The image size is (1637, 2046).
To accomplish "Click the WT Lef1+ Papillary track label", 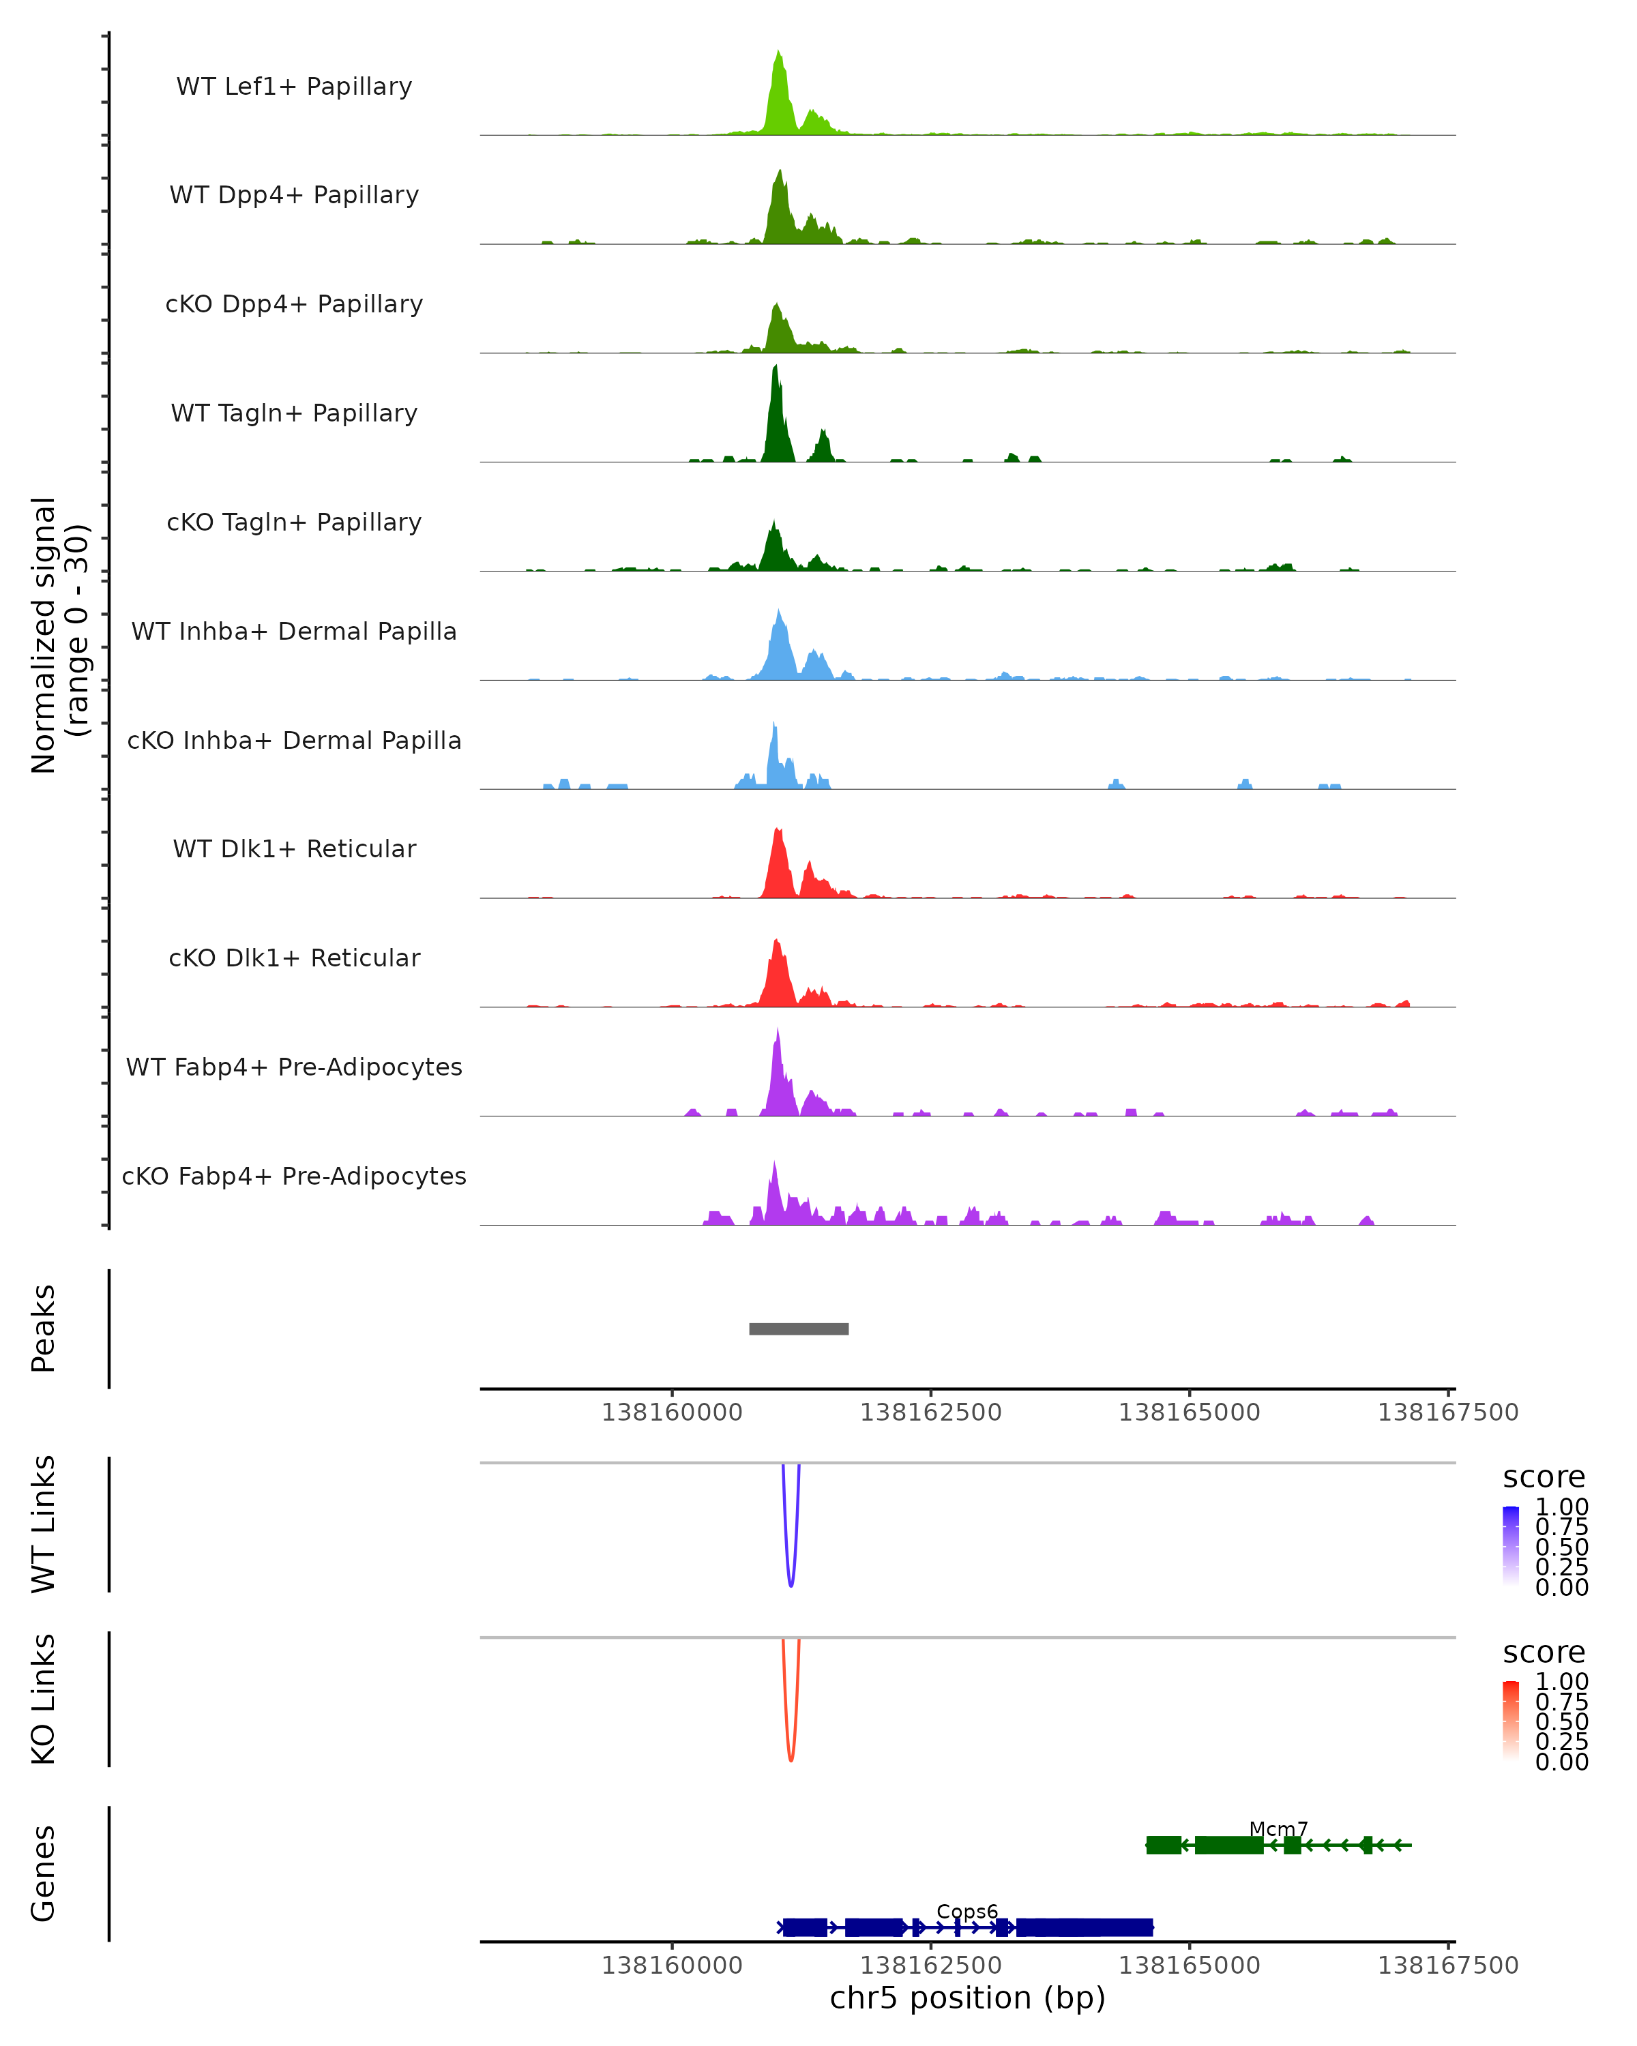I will click(x=294, y=87).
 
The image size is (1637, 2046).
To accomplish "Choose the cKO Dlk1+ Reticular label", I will click(x=294, y=958).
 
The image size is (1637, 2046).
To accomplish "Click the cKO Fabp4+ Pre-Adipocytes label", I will click(x=294, y=1176).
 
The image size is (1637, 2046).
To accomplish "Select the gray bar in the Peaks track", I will click(x=798, y=1329).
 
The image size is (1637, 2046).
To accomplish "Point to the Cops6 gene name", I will click(x=967, y=1911).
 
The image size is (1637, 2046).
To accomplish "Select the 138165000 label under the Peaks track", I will click(x=1189, y=1412).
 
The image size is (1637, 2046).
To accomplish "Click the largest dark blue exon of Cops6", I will click(x=1084, y=1927).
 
